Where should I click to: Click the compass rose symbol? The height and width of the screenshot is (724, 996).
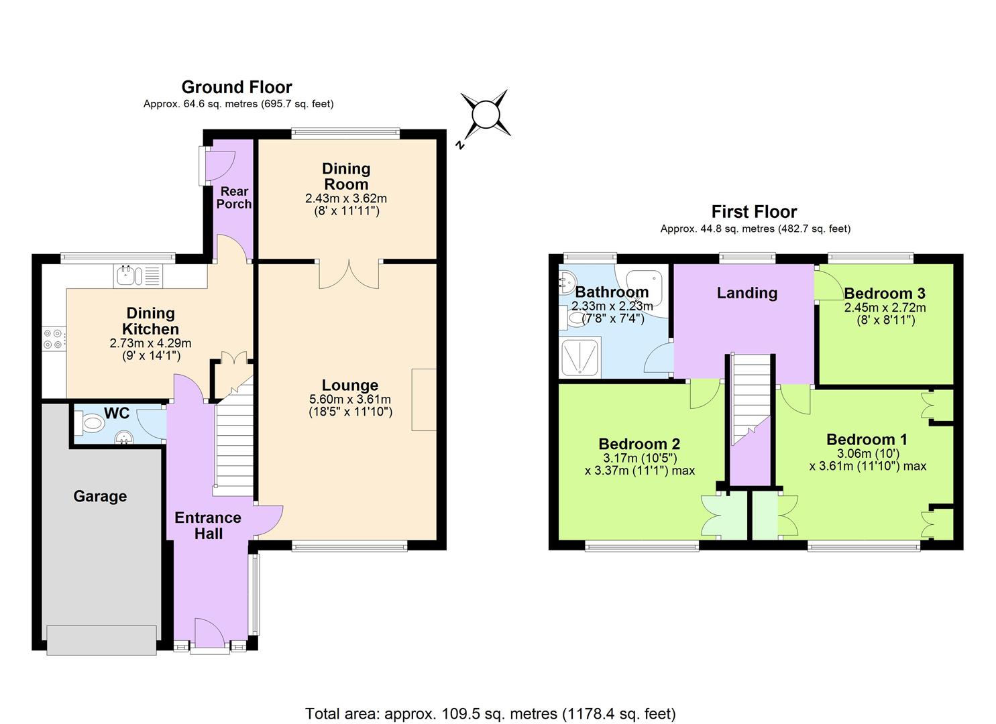click(x=486, y=115)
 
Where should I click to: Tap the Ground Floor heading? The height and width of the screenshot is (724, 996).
click(x=237, y=87)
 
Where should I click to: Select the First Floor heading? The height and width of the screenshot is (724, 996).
click(x=754, y=212)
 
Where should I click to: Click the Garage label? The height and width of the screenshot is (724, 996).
click(x=100, y=497)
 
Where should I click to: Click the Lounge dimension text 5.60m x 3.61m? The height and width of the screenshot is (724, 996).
click(x=350, y=400)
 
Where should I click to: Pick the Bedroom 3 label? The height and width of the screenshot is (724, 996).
click(x=885, y=294)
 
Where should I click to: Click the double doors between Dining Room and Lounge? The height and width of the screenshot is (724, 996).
click(x=349, y=274)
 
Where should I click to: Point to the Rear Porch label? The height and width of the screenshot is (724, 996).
click(x=234, y=198)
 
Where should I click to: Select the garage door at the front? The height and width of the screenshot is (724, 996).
click(x=101, y=640)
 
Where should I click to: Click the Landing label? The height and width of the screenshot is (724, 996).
click(x=747, y=293)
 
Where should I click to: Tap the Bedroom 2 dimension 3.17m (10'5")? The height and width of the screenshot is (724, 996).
click(x=640, y=458)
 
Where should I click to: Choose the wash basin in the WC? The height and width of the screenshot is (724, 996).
click(x=124, y=438)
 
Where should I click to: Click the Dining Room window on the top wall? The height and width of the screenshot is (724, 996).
click(x=345, y=132)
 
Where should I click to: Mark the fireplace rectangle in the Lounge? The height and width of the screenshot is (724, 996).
click(x=424, y=400)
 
